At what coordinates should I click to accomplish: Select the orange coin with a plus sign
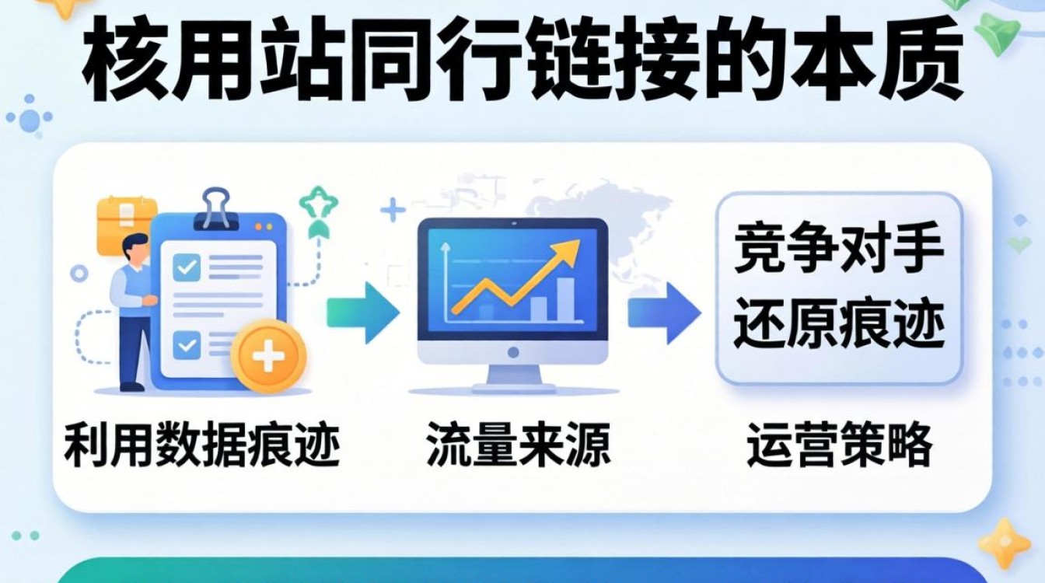270,358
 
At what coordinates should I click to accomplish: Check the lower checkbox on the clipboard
187,343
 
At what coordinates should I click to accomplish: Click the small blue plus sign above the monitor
393,210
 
